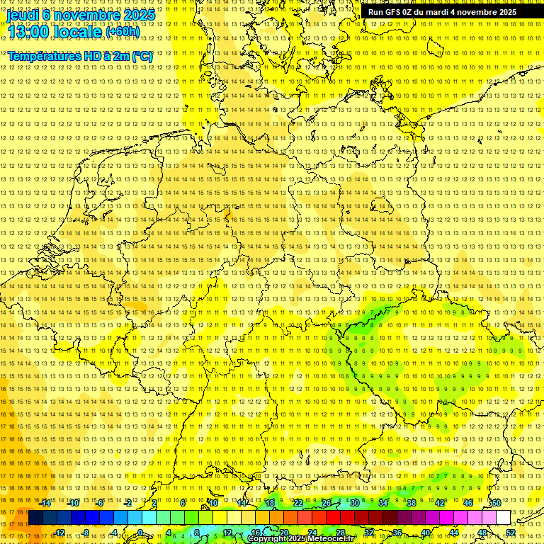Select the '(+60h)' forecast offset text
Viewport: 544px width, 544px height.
(123, 31)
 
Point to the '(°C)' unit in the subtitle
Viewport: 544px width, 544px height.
(142, 56)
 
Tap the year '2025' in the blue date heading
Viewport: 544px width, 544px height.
(139, 14)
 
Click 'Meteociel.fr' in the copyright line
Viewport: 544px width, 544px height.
(329, 539)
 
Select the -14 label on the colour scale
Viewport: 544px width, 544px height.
(45, 503)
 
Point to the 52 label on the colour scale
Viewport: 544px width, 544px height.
(511, 533)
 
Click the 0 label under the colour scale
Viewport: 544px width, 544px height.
(140, 533)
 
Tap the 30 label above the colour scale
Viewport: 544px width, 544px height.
(354, 503)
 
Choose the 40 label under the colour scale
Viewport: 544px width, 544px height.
(425, 533)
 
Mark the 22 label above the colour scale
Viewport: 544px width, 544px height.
(298, 503)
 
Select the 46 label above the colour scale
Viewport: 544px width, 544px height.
(467, 503)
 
